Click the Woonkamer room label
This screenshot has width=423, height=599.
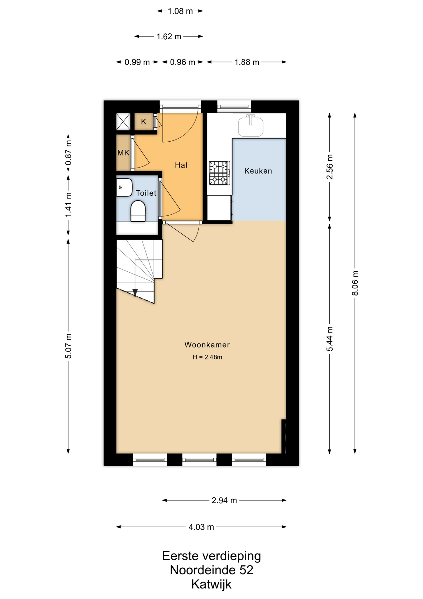click(207, 345)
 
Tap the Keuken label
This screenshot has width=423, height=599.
click(258, 171)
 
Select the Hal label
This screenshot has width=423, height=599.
click(181, 165)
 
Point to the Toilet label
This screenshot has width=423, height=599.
click(146, 193)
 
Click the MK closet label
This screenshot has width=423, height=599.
click(123, 153)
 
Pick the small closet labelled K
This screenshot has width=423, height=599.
click(144, 122)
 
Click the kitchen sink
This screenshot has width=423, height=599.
click(251, 125)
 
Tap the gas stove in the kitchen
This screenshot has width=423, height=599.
click(219, 173)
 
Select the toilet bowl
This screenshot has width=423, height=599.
click(138, 211)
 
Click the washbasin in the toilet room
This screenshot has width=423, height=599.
click(124, 187)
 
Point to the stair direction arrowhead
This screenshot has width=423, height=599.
click(135, 293)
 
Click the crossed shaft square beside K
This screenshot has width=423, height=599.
click(123, 122)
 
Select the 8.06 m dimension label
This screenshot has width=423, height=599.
click(355, 283)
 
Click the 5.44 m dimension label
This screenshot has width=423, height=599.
click(330, 339)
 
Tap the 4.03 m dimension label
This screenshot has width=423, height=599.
click(201, 527)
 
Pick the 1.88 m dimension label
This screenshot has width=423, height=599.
click(247, 62)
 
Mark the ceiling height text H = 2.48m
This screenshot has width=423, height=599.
click(207, 357)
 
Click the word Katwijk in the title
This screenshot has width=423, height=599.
click(211, 584)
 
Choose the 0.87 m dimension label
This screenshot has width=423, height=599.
click(69, 153)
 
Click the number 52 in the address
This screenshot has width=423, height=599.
click(246, 570)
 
